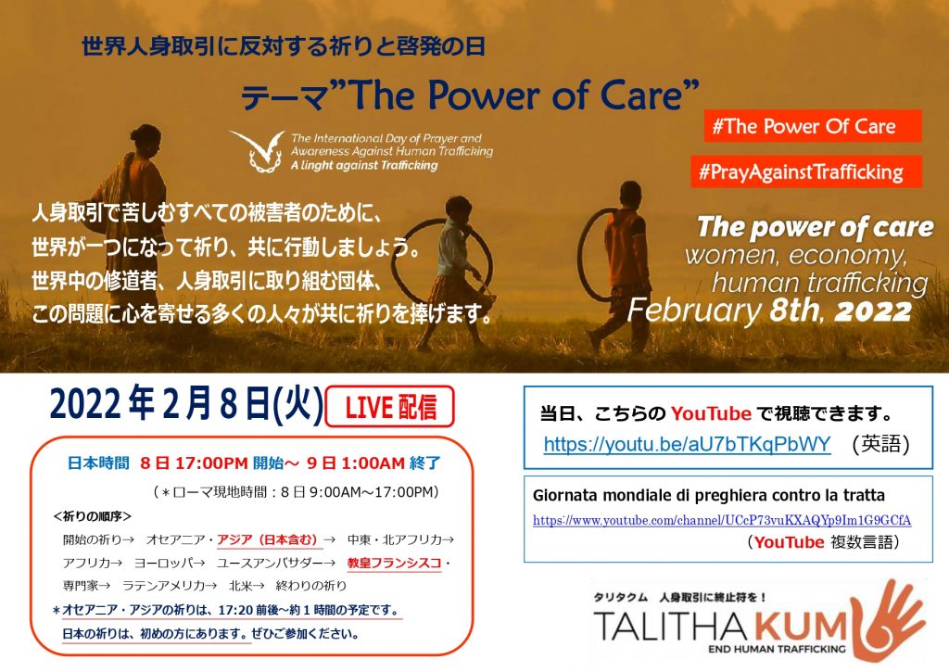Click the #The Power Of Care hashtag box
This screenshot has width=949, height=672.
(812, 126)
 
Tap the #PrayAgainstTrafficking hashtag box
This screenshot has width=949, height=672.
(807, 171)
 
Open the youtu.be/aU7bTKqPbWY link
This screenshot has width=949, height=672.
(687, 444)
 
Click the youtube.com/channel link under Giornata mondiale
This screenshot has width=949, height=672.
(722, 520)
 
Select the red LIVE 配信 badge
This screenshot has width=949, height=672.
(390, 407)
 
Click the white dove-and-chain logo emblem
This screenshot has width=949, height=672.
(258, 151)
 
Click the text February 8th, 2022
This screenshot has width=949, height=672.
(769, 311)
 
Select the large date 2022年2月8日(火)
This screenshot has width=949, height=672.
(185, 404)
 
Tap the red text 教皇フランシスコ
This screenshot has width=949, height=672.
(394, 563)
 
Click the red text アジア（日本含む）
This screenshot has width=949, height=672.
(268, 539)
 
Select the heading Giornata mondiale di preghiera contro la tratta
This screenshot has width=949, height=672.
(709, 495)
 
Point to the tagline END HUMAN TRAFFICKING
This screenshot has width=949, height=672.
(777, 649)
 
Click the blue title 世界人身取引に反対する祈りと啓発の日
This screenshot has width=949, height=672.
(284, 46)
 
